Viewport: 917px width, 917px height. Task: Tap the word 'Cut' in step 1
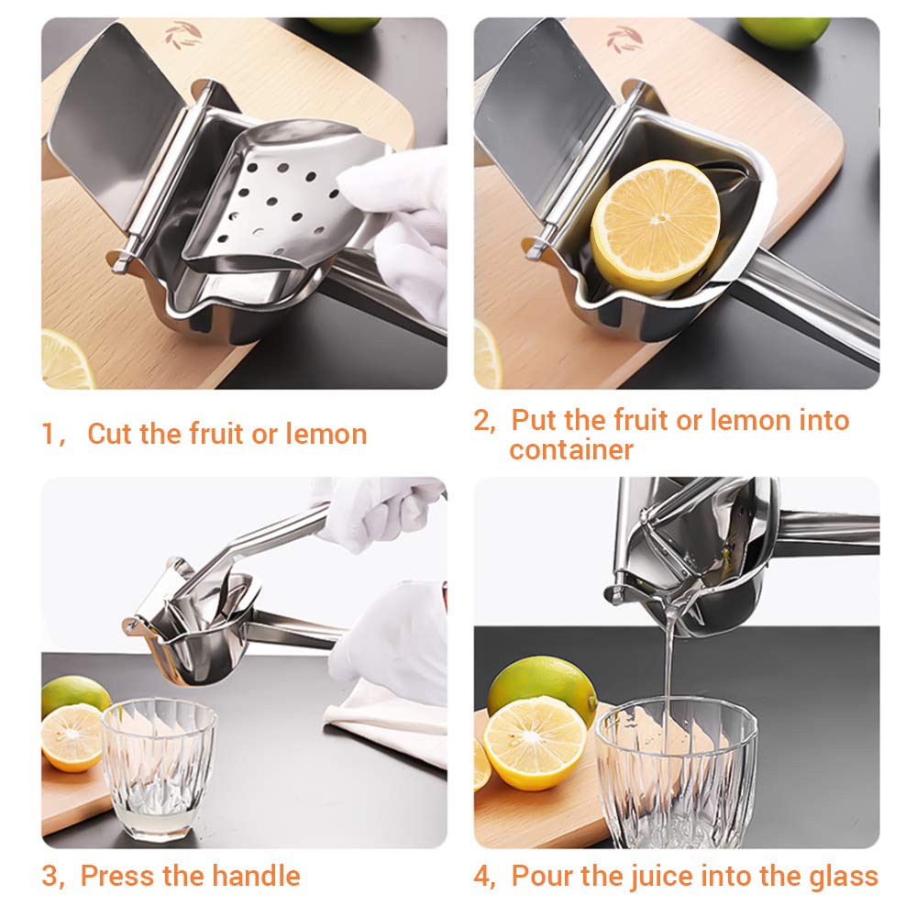click(x=109, y=434)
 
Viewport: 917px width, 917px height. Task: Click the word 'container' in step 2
click(x=571, y=450)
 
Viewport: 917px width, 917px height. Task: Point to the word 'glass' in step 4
click(x=840, y=876)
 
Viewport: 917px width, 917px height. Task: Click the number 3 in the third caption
click(x=50, y=876)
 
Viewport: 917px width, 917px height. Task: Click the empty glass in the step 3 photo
click(x=158, y=768)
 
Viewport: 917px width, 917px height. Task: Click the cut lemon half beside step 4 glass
click(x=535, y=742)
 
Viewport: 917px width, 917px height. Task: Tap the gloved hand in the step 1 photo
click(x=403, y=229)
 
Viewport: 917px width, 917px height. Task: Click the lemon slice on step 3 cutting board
click(x=72, y=736)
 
